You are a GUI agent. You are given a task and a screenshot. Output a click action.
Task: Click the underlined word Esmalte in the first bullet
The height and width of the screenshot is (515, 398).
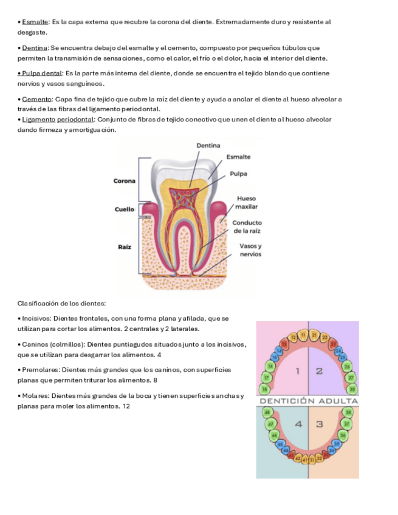[x=35, y=22]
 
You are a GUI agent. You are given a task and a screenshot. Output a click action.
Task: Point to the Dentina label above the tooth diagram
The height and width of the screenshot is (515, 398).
[x=208, y=146]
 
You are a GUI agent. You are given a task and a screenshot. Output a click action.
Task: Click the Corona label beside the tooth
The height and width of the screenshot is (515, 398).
[x=124, y=181]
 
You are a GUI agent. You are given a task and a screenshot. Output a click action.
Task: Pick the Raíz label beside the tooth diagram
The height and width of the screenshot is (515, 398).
[x=124, y=247]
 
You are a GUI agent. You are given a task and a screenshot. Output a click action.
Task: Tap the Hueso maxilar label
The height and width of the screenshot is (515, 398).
[x=246, y=202]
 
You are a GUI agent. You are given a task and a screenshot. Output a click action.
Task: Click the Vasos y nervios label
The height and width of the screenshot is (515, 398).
[x=250, y=250]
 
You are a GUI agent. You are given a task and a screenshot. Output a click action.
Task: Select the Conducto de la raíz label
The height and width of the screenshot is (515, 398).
[x=247, y=227]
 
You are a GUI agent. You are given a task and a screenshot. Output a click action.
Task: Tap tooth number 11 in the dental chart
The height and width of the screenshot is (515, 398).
[x=303, y=333]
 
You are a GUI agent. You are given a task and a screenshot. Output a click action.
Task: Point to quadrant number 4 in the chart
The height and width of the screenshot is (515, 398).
[x=298, y=423]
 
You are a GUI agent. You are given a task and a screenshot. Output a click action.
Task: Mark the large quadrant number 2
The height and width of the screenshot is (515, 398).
[x=319, y=370]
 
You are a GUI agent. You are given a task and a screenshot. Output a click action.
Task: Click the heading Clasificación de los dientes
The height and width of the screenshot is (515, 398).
[x=62, y=303]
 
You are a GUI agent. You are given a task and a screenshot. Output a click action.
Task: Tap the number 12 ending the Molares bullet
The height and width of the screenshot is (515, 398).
[x=126, y=406]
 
